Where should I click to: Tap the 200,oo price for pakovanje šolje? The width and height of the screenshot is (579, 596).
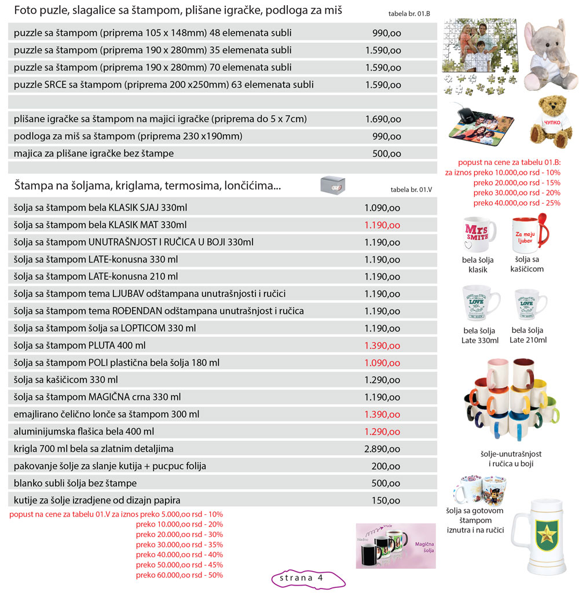tap(386, 466)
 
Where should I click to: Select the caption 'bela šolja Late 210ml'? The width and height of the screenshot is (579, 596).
tap(528, 335)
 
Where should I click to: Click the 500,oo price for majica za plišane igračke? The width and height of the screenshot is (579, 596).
tap(386, 153)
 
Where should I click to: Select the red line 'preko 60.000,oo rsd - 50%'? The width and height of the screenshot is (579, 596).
tap(179, 575)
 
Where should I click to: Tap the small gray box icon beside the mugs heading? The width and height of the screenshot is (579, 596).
tap(332, 185)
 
